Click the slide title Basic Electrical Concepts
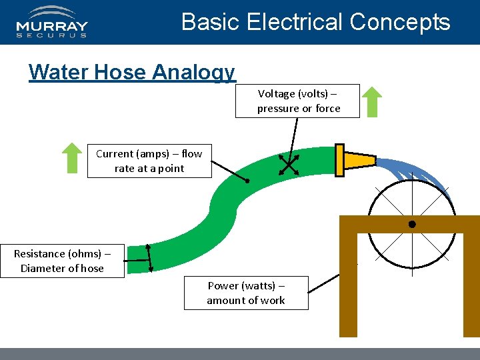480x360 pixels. [315, 22]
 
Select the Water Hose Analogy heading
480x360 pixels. [132, 72]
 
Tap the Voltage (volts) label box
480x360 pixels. [297, 101]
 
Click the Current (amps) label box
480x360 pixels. [149, 161]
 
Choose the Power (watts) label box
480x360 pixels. [246, 293]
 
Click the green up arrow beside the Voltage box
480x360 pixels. [373, 102]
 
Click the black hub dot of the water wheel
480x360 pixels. [412, 225]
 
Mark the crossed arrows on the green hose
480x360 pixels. [289, 165]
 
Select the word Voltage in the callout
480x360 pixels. [274, 93]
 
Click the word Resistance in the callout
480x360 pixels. [39, 253]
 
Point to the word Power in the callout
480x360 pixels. [223, 285]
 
